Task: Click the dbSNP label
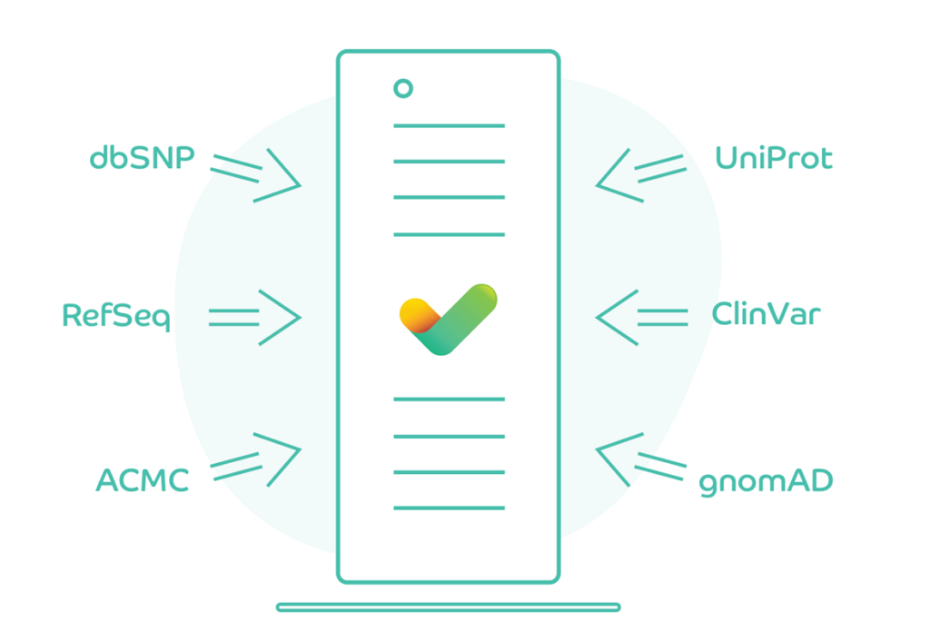[x=142, y=158]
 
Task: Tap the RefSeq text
[x=116, y=317]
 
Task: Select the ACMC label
[x=143, y=480]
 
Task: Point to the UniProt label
[x=773, y=159]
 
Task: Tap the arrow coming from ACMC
[x=257, y=458]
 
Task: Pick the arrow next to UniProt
[x=639, y=173]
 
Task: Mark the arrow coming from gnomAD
[x=639, y=458]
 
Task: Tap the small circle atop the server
[x=403, y=88]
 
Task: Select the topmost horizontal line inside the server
[x=449, y=125]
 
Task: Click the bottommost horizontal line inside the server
[x=449, y=508]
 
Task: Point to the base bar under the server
[x=449, y=606]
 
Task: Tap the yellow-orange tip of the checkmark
[x=414, y=311]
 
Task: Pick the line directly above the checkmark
[x=449, y=234]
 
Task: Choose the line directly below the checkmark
[x=449, y=399]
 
